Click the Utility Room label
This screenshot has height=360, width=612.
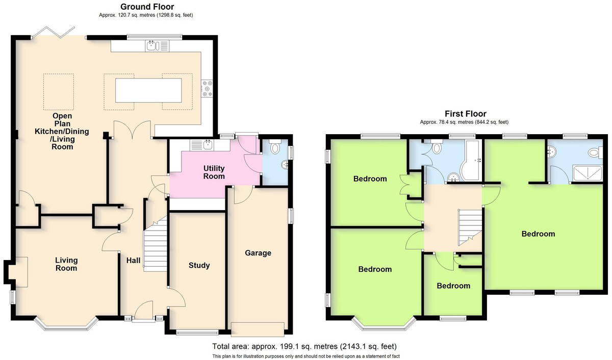(214, 172)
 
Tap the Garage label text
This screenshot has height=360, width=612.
(258, 253)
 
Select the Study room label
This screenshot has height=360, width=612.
(199, 265)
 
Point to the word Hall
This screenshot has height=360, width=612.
(133, 260)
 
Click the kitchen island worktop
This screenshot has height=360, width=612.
(148, 90)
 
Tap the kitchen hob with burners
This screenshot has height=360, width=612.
(207, 88)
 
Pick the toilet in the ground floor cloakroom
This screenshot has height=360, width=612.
(274, 146)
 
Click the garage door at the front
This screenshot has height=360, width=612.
(258, 329)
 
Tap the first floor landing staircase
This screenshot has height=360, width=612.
(470, 227)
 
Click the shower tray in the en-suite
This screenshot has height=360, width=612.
(588, 173)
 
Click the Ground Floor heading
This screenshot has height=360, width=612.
(147, 7)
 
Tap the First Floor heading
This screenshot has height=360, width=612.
(466, 114)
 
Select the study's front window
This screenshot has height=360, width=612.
(197, 332)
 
